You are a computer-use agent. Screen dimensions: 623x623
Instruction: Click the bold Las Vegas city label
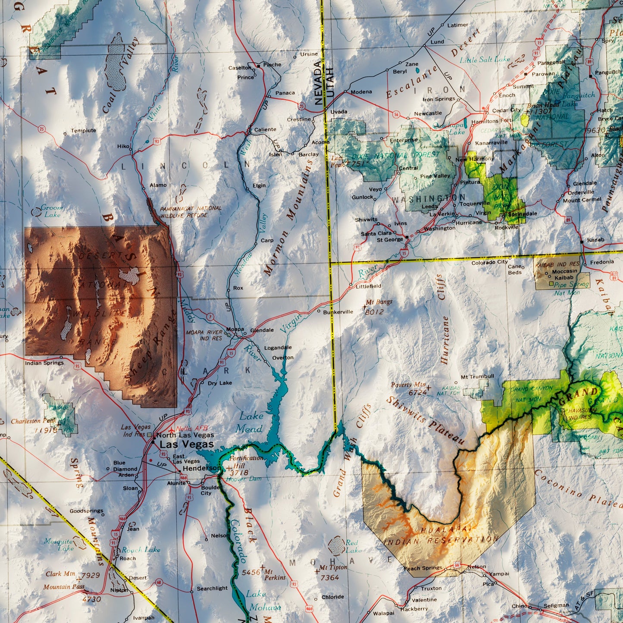(186, 444)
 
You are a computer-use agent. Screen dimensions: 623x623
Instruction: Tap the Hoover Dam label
(244, 479)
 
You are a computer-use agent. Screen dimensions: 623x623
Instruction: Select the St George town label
(389, 240)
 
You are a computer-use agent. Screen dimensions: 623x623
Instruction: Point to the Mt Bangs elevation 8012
(374, 312)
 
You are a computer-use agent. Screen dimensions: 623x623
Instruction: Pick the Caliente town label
(265, 129)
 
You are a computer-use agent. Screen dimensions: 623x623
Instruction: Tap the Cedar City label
(500, 110)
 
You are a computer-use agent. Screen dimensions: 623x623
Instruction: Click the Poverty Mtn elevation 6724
(417, 392)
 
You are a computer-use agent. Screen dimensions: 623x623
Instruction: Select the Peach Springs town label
(423, 568)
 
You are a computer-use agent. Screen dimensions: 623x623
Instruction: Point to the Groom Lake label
(51, 211)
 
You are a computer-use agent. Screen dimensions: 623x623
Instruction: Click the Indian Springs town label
(44, 363)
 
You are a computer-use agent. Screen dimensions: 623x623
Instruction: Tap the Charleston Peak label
(33, 421)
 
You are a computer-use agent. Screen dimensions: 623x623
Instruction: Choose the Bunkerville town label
(338, 312)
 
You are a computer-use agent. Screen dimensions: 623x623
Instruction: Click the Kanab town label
(595, 240)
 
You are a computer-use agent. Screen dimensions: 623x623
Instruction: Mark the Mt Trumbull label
(477, 376)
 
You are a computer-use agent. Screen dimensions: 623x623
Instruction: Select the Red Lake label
(352, 546)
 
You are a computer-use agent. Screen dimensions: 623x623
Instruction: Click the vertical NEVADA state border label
(318, 83)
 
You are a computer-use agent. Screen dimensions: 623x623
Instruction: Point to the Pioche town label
(272, 65)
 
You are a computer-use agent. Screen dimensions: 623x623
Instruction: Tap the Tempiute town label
(83, 131)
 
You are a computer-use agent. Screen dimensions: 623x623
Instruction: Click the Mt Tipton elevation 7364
(330, 577)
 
